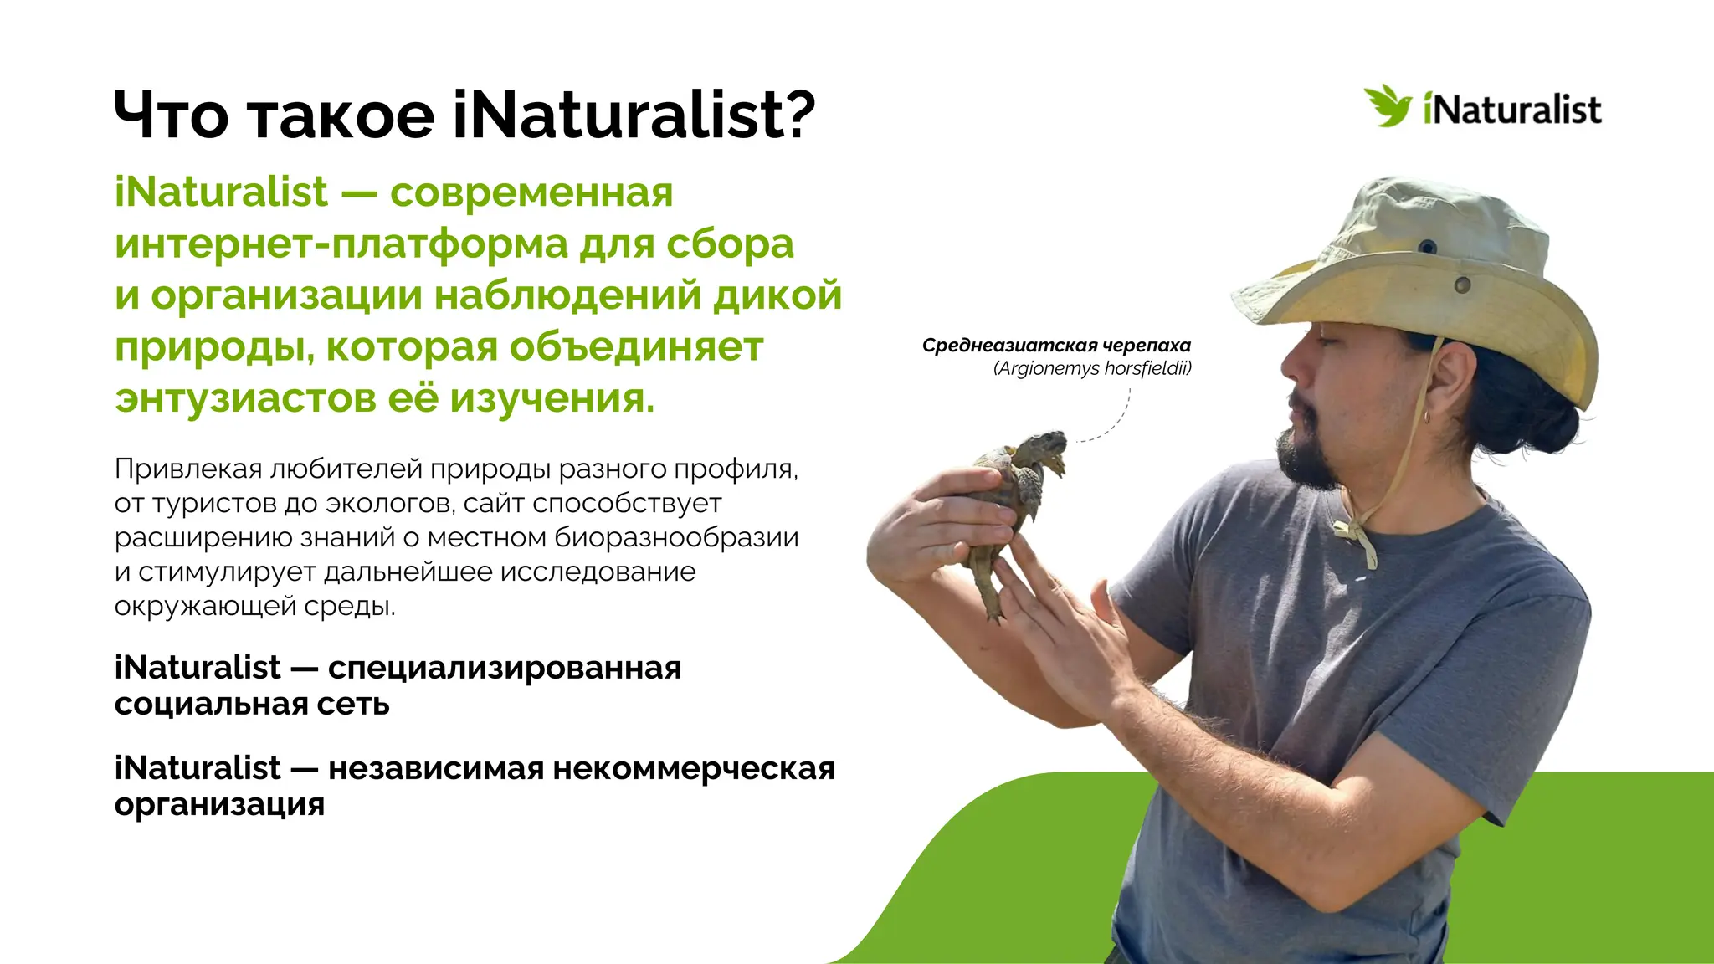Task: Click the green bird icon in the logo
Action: click(x=1388, y=106)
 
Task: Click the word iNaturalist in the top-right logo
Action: click(x=1511, y=110)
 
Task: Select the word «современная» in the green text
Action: click(x=531, y=192)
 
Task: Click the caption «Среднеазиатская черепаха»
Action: click(x=1056, y=346)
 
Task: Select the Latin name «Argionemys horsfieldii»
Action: click(x=1092, y=368)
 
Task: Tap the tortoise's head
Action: click(x=1046, y=444)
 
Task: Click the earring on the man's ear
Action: click(x=1428, y=415)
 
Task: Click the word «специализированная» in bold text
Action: click(x=505, y=669)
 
